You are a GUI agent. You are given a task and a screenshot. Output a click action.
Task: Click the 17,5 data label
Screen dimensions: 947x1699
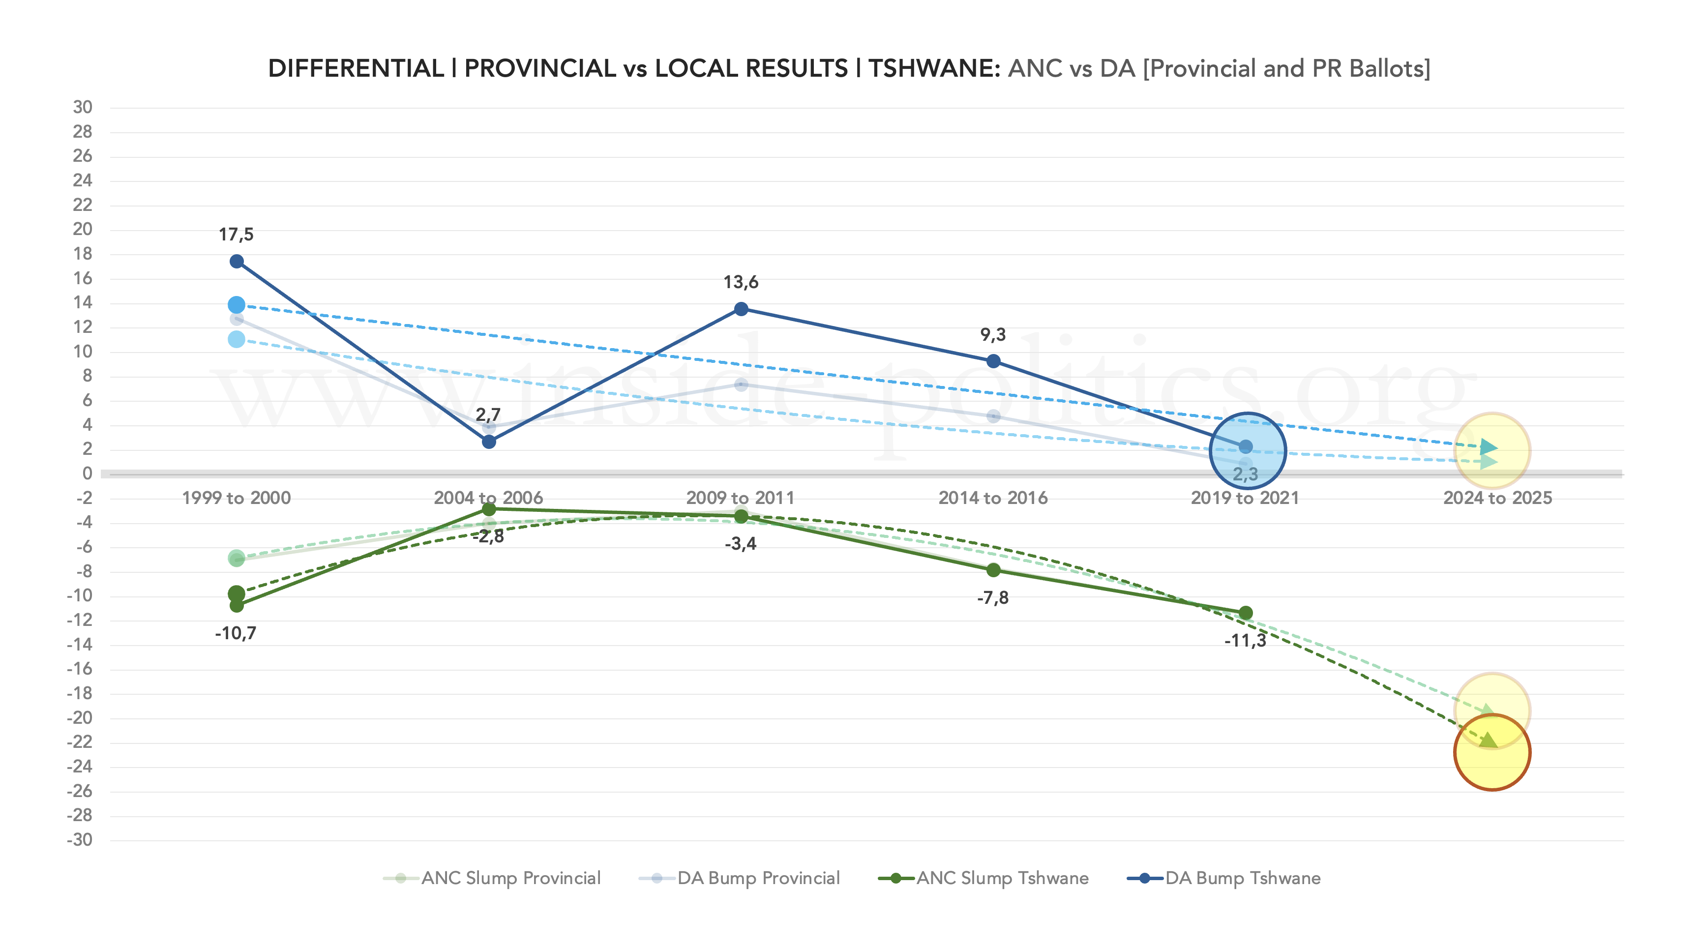point(236,234)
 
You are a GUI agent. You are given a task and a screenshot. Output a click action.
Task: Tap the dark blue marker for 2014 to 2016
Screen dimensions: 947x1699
point(993,361)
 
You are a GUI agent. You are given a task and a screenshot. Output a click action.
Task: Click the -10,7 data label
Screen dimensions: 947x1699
point(236,634)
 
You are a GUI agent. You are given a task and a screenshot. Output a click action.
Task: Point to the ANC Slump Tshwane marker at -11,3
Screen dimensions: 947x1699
point(1245,613)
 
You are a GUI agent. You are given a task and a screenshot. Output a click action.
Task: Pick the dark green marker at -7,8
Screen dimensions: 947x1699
point(993,570)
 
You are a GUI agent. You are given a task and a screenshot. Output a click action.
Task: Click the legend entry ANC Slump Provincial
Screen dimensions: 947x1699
point(510,879)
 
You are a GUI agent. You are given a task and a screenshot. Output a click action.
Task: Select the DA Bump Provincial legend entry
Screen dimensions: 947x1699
point(758,879)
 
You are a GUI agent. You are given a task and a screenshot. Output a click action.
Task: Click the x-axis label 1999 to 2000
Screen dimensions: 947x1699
point(236,498)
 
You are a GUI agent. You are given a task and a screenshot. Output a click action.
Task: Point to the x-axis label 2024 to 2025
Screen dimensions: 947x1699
point(1497,498)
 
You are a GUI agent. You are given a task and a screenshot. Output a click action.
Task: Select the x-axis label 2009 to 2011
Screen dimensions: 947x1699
point(740,498)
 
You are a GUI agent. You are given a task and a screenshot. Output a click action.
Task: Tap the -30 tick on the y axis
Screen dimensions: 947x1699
point(80,840)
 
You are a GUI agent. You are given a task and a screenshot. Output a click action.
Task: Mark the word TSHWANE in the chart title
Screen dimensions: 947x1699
point(934,68)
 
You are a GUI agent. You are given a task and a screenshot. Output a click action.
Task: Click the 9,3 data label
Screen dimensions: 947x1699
point(993,335)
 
